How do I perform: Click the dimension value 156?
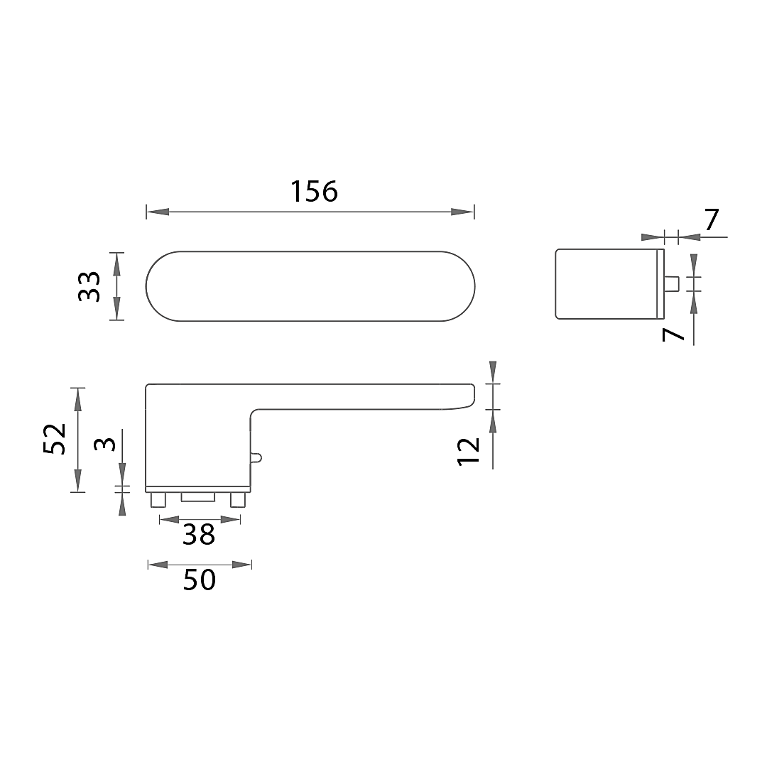pyautogui.click(x=314, y=191)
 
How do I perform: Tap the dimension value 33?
pyautogui.click(x=89, y=287)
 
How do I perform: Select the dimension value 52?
pyautogui.click(x=54, y=440)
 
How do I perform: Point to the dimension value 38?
pyautogui.click(x=199, y=535)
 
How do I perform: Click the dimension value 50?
pyautogui.click(x=200, y=580)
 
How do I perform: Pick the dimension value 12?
pyautogui.click(x=468, y=452)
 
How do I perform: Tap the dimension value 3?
pyautogui.click(x=104, y=445)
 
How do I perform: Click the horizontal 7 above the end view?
pyautogui.click(x=712, y=220)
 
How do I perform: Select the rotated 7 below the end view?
pyautogui.click(x=673, y=334)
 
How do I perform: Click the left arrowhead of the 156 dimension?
pyautogui.click(x=158, y=212)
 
